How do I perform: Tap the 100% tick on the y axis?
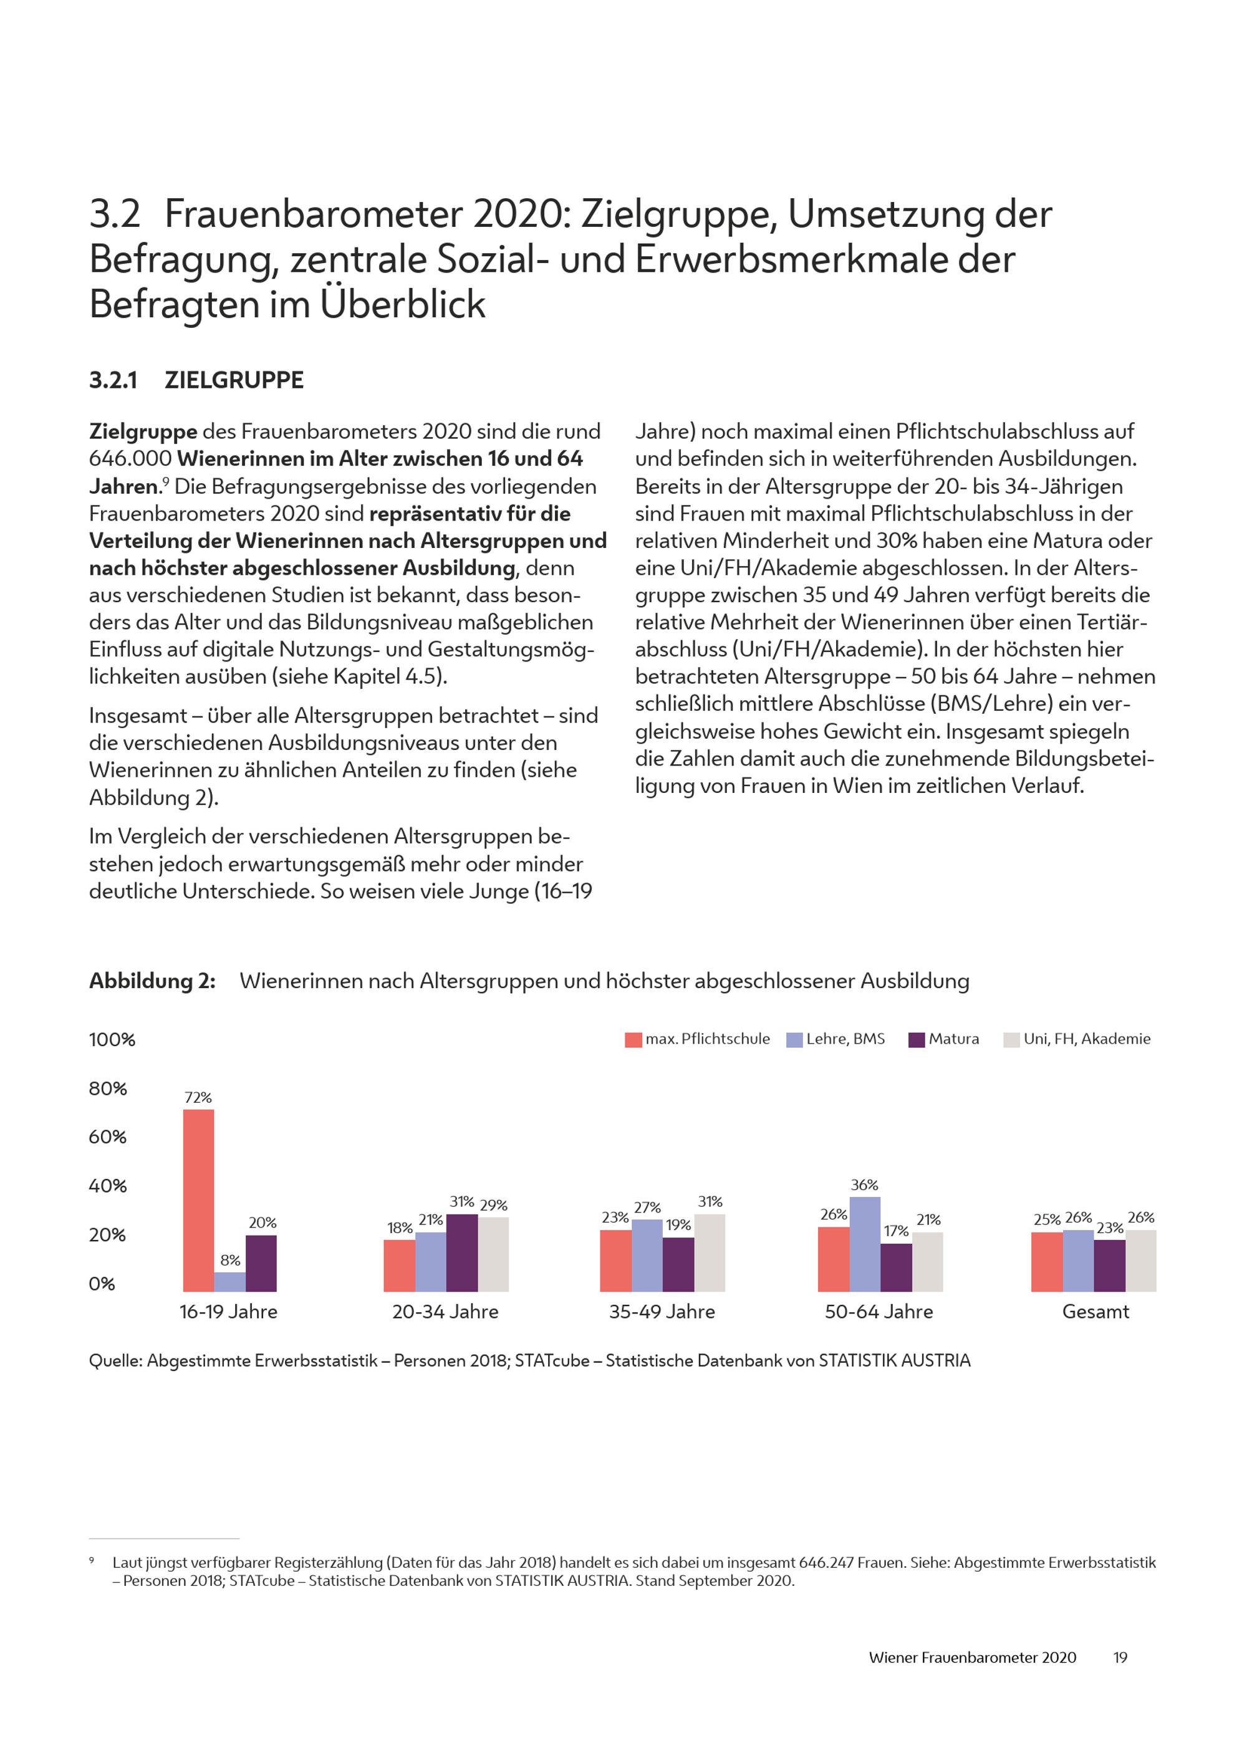(112, 1040)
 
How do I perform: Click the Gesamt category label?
(1095, 1312)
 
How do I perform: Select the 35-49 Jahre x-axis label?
(662, 1312)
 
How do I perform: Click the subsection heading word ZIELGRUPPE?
(234, 380)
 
